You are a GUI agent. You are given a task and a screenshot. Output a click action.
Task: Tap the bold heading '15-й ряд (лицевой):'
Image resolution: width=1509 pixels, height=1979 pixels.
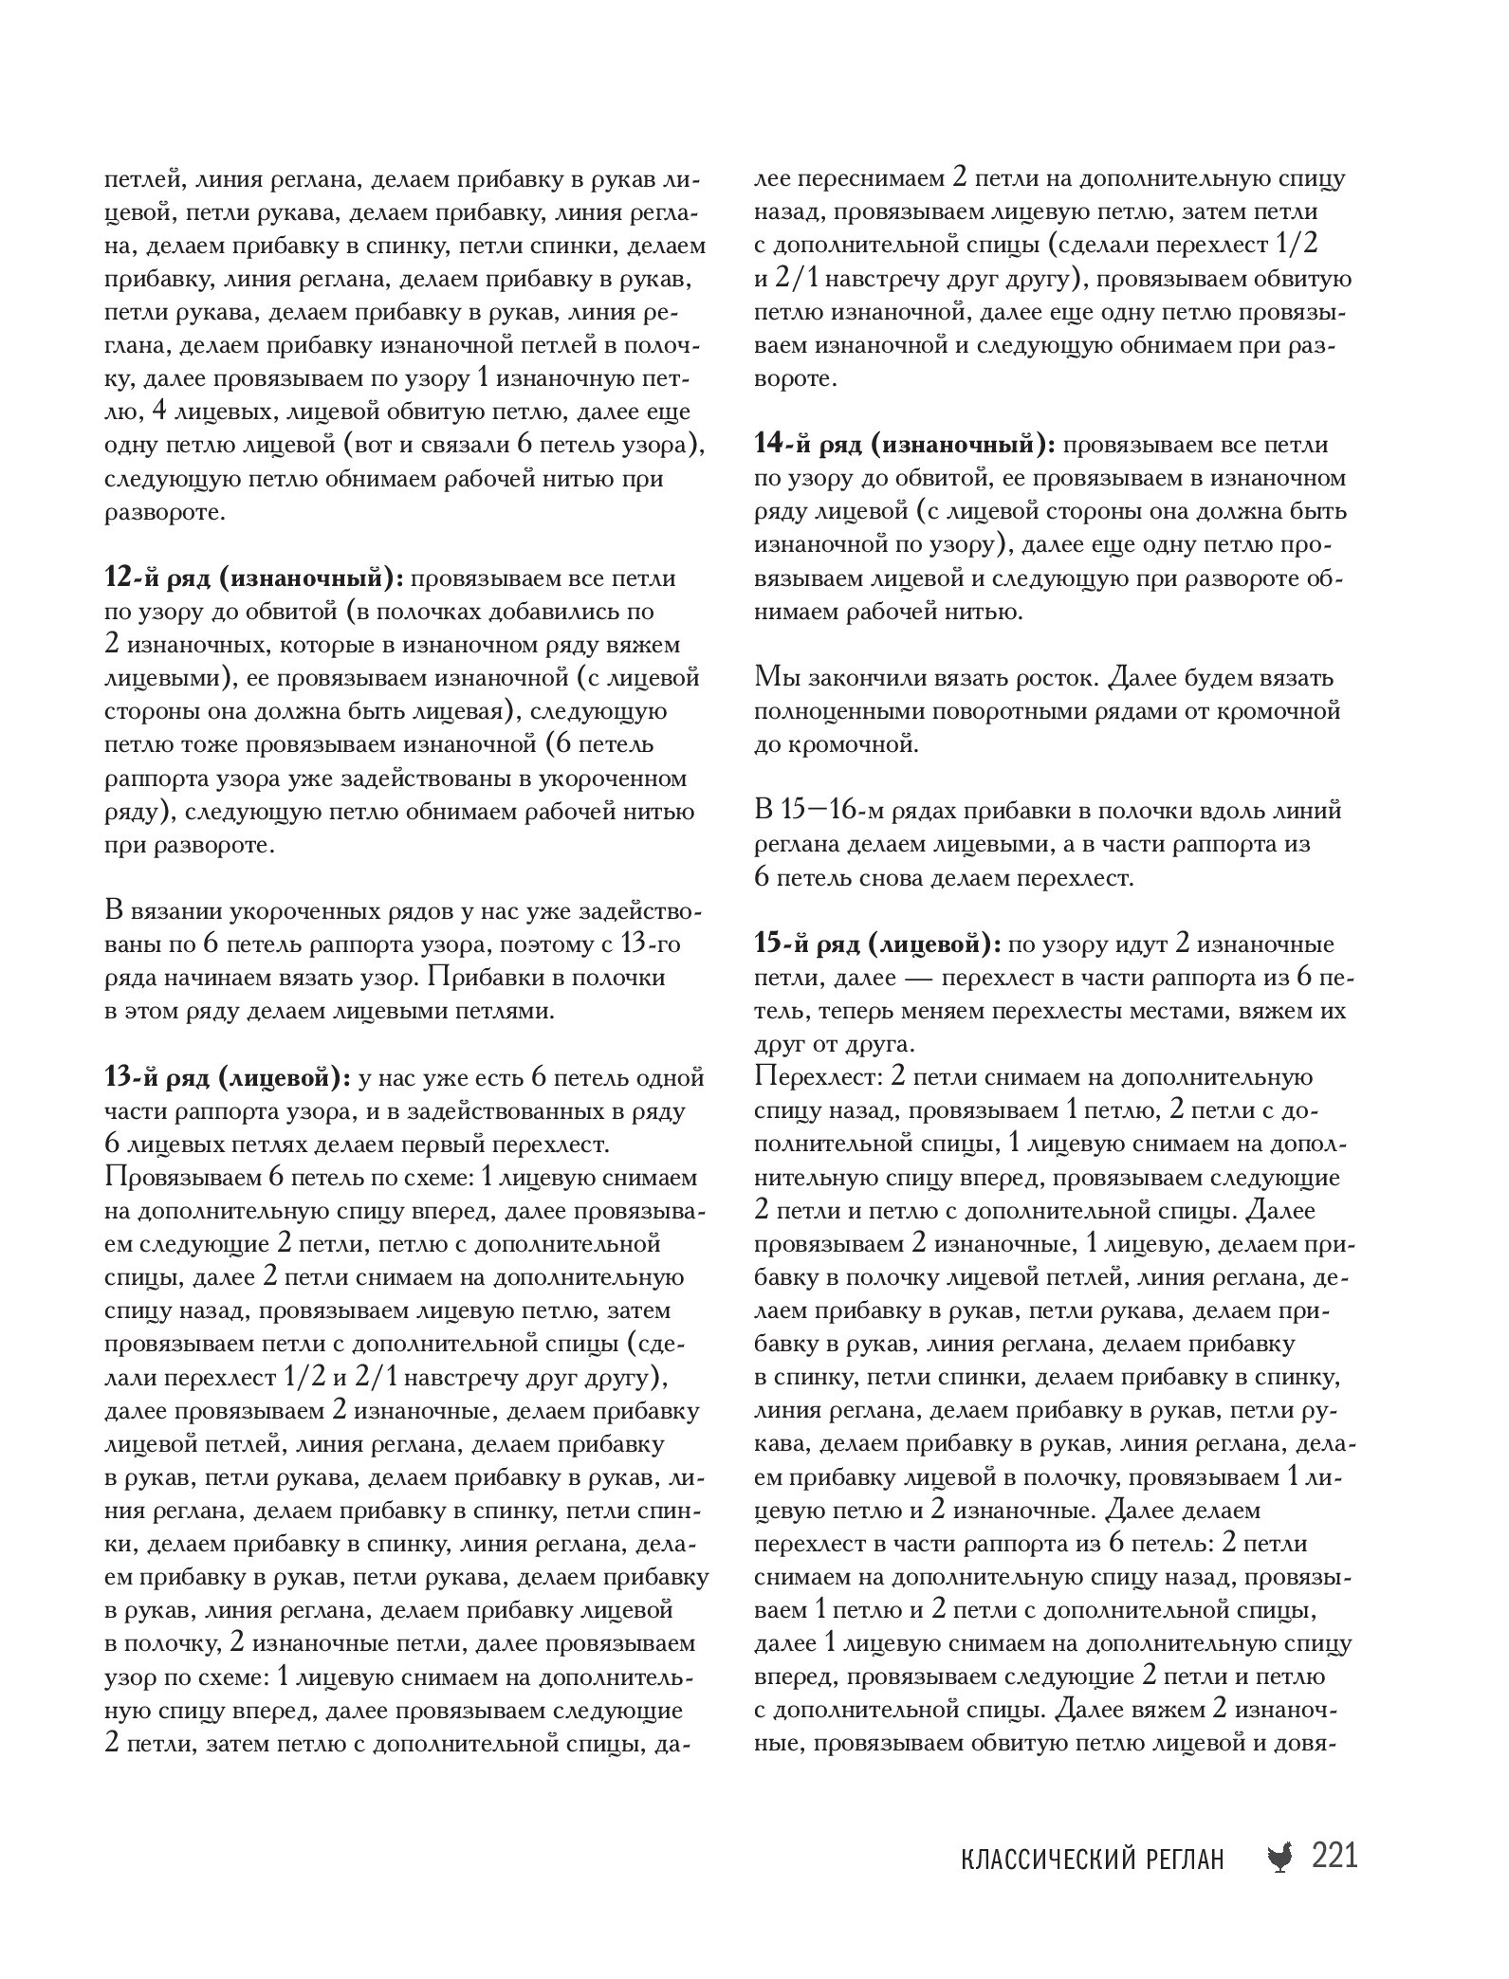(x=879, y=944)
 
